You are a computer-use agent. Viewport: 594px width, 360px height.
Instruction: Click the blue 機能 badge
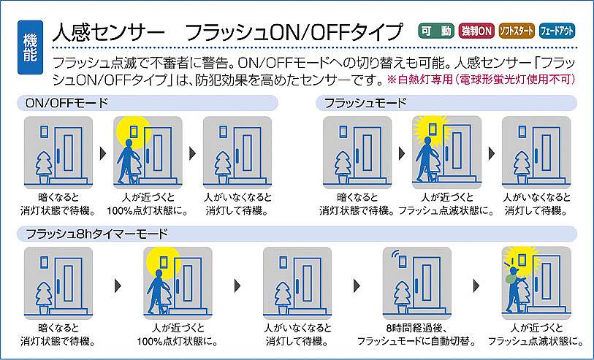pos(30,47)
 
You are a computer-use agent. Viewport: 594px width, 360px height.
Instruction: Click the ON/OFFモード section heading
pos(66,103)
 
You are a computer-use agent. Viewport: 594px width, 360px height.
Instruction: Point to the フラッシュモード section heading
pos(365,103)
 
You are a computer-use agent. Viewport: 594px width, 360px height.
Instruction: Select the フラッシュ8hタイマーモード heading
pos(96,234)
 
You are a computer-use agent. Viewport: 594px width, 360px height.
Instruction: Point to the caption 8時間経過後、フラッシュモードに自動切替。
pos(416,334)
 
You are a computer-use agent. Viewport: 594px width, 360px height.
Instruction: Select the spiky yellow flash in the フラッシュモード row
pos(432,131)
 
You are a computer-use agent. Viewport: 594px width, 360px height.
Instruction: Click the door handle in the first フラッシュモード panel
pos(357,156)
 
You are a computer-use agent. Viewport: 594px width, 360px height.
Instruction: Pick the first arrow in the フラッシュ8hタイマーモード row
pos(118,286)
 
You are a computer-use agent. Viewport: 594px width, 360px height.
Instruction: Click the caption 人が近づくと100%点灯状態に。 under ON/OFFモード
pos(148,204)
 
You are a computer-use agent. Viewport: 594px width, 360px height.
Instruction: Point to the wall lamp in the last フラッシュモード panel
pos(522,131)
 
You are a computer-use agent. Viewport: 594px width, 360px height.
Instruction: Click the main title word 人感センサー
pos(109,32)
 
